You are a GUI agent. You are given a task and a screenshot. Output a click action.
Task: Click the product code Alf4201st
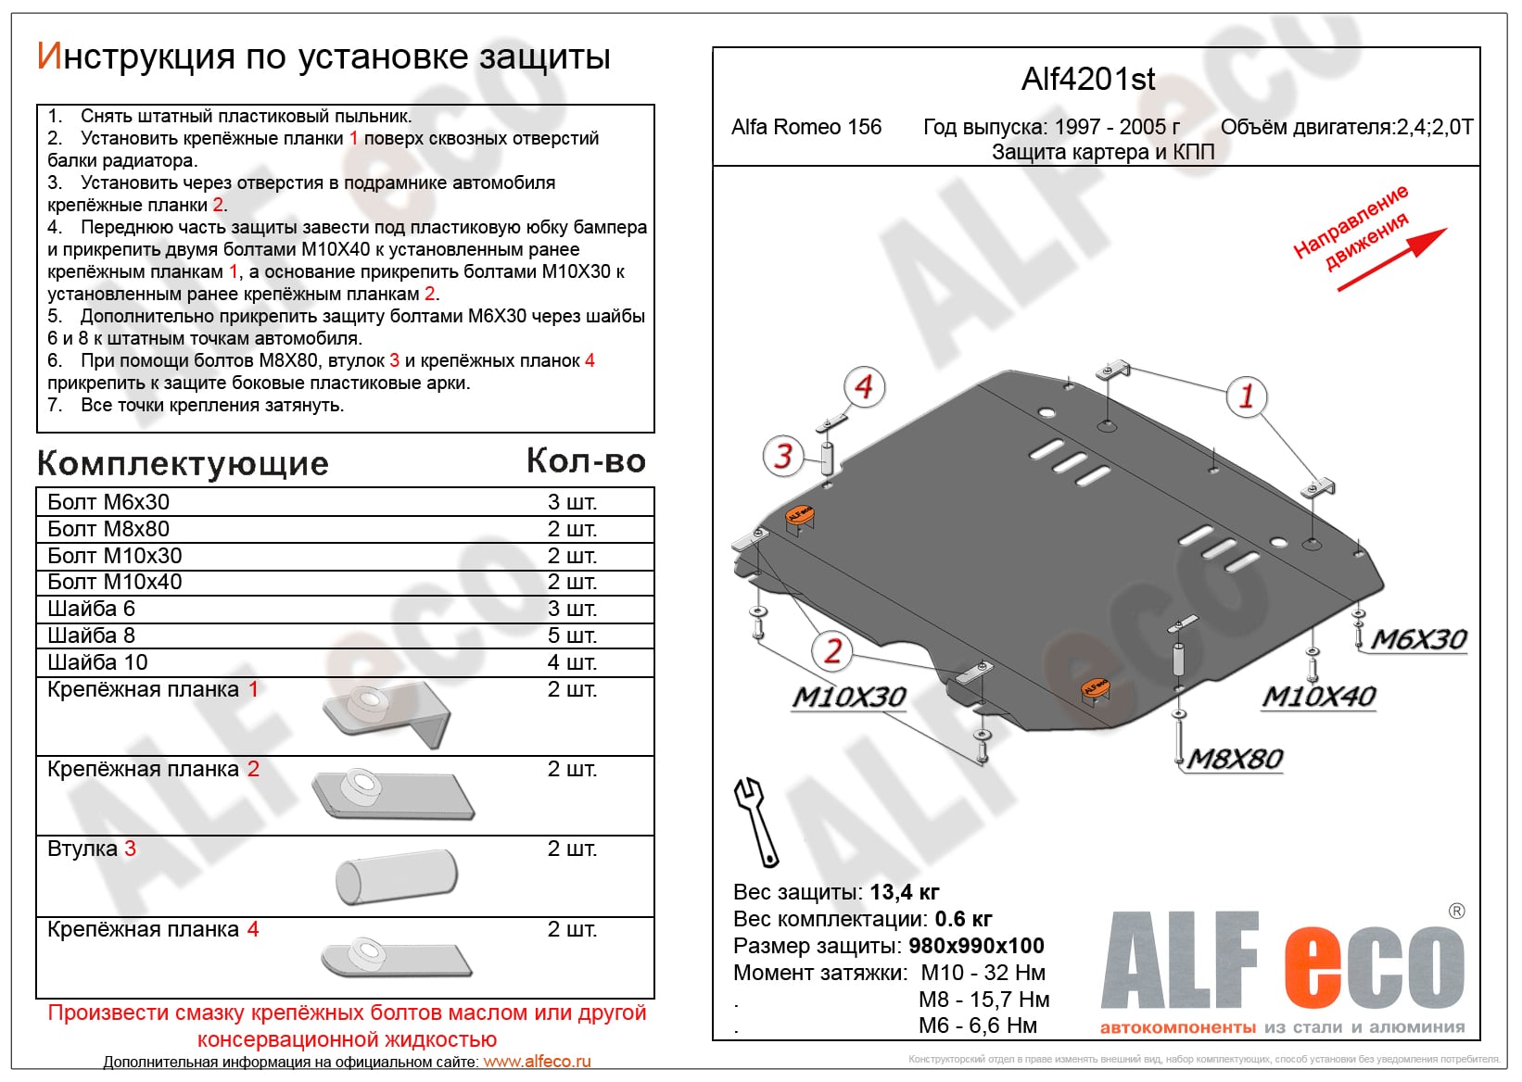tap(1087, 80)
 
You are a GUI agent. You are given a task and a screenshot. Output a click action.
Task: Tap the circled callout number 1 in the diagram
tap(1246, 396)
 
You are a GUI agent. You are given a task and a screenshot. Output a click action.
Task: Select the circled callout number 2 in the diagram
tap(832, 651)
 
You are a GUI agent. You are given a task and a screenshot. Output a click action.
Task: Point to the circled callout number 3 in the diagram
tap(783, 456)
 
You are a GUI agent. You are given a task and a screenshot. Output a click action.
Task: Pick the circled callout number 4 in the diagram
tap(864, 386)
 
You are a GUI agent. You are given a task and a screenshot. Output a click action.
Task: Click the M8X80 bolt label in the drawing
tap(1235, 760)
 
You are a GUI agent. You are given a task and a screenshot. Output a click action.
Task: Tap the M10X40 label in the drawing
tap(1318, 697)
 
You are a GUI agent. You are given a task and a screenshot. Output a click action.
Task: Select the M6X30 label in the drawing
tap(1418, 639)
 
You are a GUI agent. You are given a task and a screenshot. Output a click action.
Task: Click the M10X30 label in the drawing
tap(848, 697)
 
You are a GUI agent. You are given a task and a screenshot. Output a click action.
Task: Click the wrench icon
tap(755, 821)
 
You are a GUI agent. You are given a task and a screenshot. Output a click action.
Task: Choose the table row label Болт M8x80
tap(108, 529)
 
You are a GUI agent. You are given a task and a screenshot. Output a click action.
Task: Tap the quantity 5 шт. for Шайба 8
tap(572, 635)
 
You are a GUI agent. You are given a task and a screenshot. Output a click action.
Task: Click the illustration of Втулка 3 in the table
tap(396, 876)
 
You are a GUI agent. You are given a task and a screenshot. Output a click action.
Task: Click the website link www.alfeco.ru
tap(537, 1062)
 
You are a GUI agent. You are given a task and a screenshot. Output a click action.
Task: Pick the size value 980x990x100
tap(976, 946)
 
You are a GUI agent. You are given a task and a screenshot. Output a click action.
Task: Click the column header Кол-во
tap(586, 461)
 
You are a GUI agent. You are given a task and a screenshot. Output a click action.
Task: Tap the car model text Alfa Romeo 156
tap(806, 128)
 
